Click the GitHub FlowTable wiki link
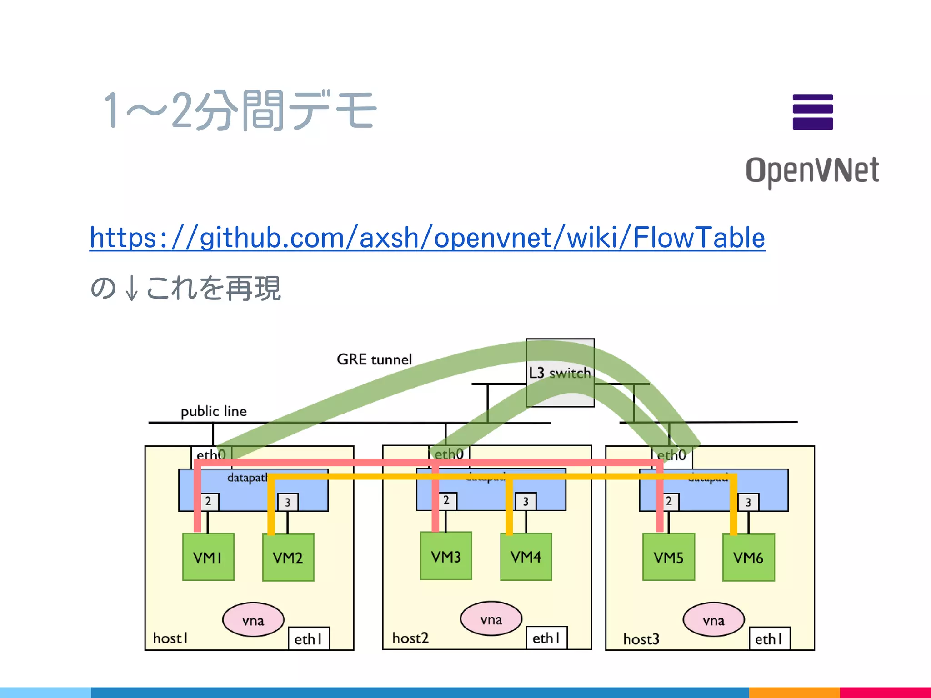pos(427,238)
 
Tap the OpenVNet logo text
pos(812,170)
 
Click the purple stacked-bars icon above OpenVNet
pos(812,112)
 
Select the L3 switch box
pos(560,373)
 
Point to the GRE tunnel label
pos(374,359)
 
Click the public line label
pos(214,411)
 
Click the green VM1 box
pos(208,557)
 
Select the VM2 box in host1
pos(288,558)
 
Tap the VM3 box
pos(446,556)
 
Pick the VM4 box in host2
pos(526,557)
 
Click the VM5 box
pos(668,557)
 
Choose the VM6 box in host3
pos(748,558)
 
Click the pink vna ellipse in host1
pos(253,620)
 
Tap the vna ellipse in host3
pos(713,620)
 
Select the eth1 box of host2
pos(546,638)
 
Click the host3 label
pos(641,639)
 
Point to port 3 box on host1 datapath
pos(288,502)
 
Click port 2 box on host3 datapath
pos(669,501)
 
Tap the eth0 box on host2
pos(449,454)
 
